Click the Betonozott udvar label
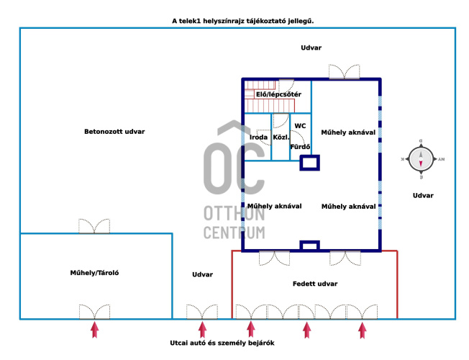[x=114, y=132]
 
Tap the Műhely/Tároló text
[x=94, y=273]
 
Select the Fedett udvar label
[x=315, y=284]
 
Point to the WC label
[x=300, y=126]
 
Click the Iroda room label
[x=258, y=138]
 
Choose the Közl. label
[x=281, y=138]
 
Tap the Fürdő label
[x=300, y=147]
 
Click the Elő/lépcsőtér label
[x=278, y=94]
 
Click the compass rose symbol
[x=421, y=159]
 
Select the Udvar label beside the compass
[x=423, y=196]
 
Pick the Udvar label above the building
[x=311, y=48]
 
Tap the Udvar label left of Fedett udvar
[x=203, y=274]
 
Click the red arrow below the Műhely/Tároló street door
[x=94, y=330]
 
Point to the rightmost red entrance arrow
[x=363, y=330]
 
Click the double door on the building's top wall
[x=345, y=72]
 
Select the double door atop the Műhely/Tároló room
[x=94, y=226]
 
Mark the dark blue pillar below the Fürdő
[x=310, y=163]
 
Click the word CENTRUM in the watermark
[x=234, y=233]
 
